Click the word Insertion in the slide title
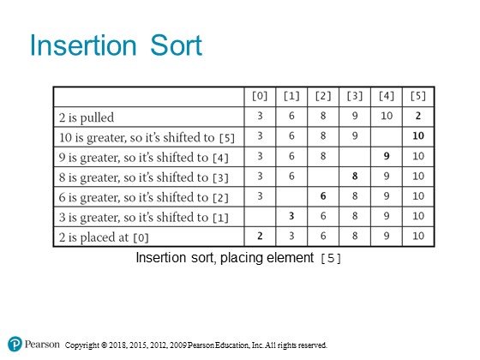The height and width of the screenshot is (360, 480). coord(83,45)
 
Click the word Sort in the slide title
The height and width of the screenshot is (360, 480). coord(176,45)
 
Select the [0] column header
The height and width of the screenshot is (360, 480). coord(260,96)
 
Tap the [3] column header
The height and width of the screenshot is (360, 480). coord(355,96)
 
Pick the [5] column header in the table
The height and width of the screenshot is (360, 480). coord(418,96)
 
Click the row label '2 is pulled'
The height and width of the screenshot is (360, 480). coord(87,117)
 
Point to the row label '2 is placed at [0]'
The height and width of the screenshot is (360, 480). coord(104,237)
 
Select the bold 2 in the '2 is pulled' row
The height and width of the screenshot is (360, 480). coord(418,116)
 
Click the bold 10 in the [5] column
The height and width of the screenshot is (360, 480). coord(418,135)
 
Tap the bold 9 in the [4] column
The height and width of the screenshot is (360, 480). coord(387,156)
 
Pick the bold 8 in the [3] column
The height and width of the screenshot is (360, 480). coord(355,176)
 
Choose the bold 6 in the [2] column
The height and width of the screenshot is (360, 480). coord(323,196)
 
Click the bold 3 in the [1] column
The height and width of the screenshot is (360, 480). coord(291,216)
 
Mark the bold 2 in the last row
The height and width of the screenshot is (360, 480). coord(260,236)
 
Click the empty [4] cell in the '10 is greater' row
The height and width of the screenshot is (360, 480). coord(387,137)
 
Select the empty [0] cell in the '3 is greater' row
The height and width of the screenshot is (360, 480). coord(260,217)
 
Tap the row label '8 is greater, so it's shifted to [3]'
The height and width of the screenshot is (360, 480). coord(144,177)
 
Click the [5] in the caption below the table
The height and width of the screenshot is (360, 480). coord(331,258)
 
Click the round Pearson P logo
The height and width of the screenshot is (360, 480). coord(15,344)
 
